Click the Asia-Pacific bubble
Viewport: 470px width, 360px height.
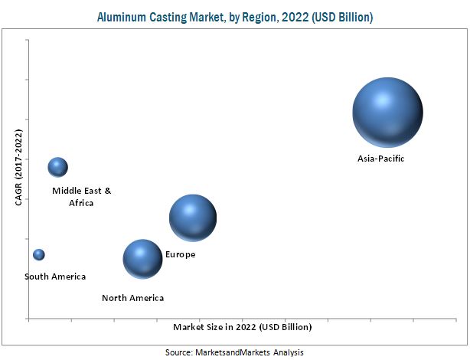pos(387,112)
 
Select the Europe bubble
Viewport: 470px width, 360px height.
pos(193,218)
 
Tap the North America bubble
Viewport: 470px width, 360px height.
pos(142,259)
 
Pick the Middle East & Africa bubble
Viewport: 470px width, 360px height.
pos(57,167)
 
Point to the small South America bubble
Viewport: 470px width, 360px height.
pos(38,254)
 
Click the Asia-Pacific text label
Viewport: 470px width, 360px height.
pos(380,159)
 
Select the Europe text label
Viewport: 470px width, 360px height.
pos(181,254)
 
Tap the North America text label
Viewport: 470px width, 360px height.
pos(132,298)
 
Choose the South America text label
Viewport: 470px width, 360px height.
pos(55,277)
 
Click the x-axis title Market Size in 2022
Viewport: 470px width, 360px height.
pos(242,327)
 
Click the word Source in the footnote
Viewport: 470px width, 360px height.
pos(179,352)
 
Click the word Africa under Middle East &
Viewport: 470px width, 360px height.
pos(80,203)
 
